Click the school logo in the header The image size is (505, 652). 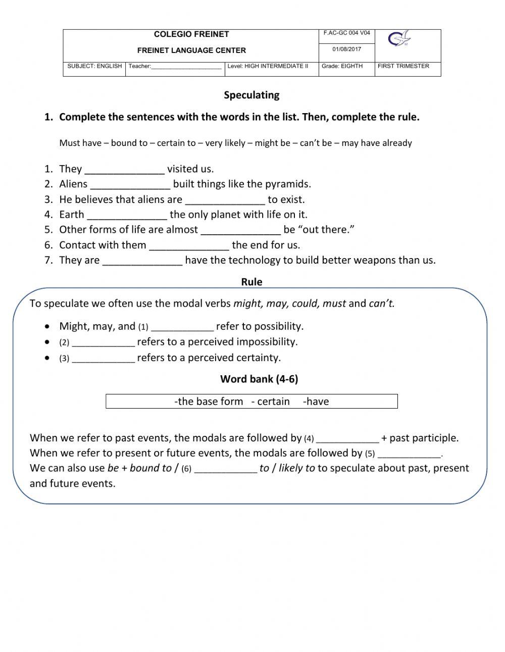tap(399, 39)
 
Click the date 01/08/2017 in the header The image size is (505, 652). tap(346, 49)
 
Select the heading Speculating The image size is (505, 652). tap(251, 95)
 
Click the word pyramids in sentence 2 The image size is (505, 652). tap(287, 184)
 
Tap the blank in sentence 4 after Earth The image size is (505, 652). tap(127, 215)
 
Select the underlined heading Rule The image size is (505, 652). tap(251, 282)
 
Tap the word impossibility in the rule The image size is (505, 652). tap(268, 342)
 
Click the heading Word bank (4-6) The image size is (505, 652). tap(259, 379)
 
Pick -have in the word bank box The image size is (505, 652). tap(316, 402)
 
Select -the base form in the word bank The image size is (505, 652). tap(209, 402)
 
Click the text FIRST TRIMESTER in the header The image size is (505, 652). tap(403, 66)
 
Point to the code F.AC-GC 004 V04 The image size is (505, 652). tap(346, 33)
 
